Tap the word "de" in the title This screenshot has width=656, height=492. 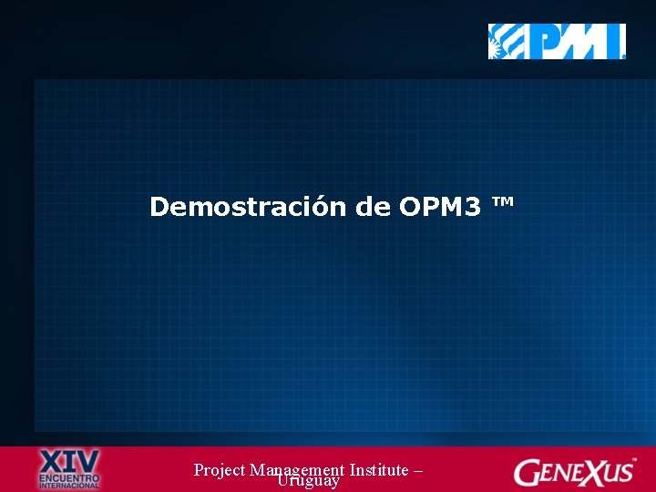(374, 207)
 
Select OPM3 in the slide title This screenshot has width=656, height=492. (440, 207)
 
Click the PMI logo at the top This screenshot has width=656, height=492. (557, 42)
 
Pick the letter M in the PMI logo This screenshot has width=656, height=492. (587, 42)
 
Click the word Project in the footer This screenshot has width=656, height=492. (219, 470)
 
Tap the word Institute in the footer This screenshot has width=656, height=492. (378, 470)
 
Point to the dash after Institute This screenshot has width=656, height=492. (417, 471)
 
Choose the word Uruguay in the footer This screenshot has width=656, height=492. (309, 481)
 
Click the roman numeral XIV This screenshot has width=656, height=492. (70, 458)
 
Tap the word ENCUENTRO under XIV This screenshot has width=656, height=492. (69, 476)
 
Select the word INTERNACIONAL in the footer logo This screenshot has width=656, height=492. (69, 485)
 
